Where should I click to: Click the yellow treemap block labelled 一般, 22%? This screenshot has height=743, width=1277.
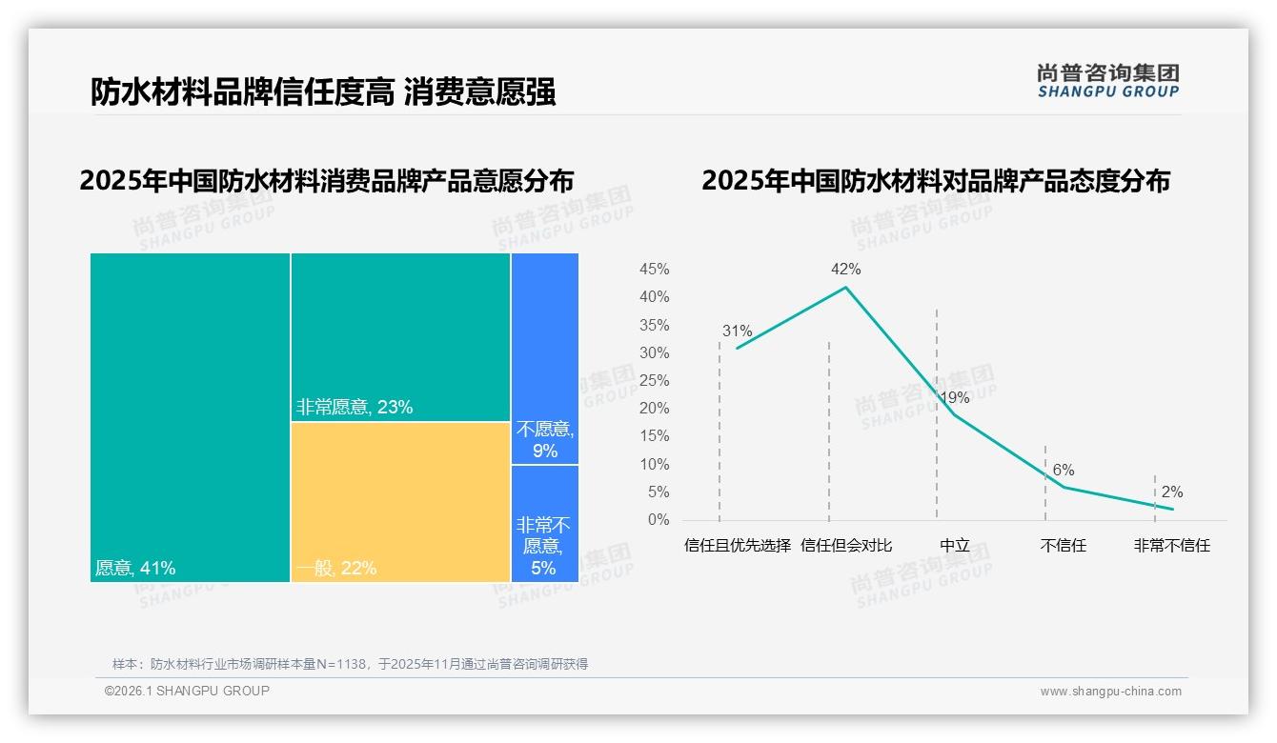[400, 501]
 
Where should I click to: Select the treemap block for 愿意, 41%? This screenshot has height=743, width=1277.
[190, 416]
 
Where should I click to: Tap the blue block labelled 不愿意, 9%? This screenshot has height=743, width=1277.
[545, 358]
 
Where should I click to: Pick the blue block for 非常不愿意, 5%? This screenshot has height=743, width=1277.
[545, 523]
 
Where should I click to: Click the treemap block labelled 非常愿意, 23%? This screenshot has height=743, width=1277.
[400, 336]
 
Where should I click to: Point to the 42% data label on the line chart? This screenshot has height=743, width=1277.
[845, 270]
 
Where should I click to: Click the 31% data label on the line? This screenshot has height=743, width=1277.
[737, 331]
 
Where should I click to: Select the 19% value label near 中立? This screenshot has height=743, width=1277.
[954, 397]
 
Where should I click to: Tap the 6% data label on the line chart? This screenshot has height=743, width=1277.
[1064, 470]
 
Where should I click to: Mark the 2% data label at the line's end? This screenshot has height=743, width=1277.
[1172, 492]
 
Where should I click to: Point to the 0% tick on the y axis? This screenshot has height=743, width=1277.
[659, 520]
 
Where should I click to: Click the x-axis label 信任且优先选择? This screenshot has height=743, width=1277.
[738, 546]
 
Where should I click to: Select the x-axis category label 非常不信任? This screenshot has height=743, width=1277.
[1171, 546]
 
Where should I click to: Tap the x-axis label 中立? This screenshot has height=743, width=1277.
[954, 546]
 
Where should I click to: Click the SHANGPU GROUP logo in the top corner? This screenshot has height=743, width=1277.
[1108, 81]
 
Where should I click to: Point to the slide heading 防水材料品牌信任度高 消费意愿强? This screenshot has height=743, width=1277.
[323, 92]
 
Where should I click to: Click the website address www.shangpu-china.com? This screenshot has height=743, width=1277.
[1110, 692]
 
